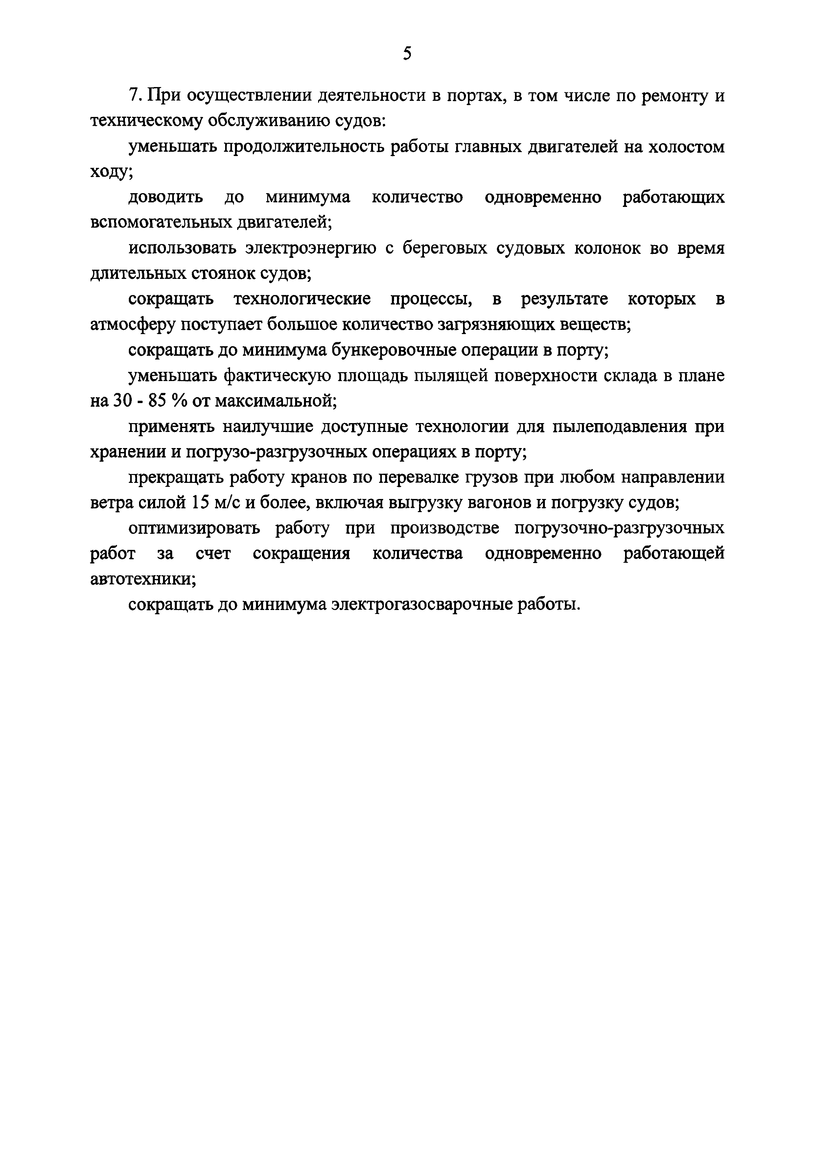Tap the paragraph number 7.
click(x=132, y=95)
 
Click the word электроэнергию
click(x=311, y=248)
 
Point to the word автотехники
click(x=143, y=579)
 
